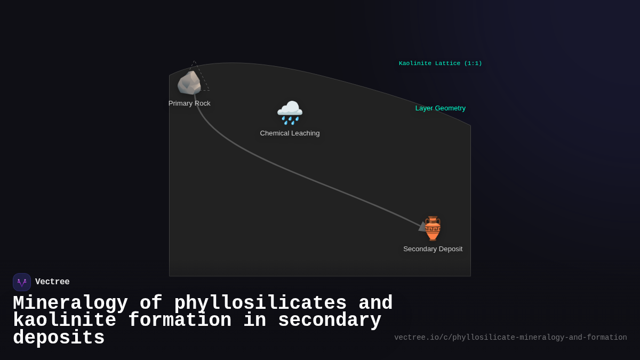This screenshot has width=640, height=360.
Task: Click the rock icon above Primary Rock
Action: coord(189,83)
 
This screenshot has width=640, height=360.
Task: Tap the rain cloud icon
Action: coord(290,113)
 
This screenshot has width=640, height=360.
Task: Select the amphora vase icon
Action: coord(433,228)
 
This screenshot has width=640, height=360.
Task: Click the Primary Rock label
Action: coord(189,103)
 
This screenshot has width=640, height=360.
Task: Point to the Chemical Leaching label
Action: coord(290,133)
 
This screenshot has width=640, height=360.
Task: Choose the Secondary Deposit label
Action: coord(433,249)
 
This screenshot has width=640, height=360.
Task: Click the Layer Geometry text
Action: coord(440,108)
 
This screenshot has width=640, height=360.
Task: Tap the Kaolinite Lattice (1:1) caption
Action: coord(440,63)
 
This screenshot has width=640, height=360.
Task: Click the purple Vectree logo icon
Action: coord(22,282)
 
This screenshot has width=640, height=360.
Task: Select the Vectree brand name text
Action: coord(52,282)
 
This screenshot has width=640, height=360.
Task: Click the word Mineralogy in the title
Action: coord(70,303)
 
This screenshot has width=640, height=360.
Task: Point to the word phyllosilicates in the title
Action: coord(260,303)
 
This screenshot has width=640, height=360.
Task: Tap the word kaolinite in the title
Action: coord(65,321)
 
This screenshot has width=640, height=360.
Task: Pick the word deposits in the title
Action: coord(59,338)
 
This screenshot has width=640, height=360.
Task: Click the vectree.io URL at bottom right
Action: coord(510,338)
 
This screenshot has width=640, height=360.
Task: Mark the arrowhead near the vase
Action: coord(422,227)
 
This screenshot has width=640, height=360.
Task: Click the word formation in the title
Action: coord(180,321)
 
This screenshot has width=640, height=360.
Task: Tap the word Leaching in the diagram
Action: coord(305,133)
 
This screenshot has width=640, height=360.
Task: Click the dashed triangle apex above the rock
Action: coord(194,61)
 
